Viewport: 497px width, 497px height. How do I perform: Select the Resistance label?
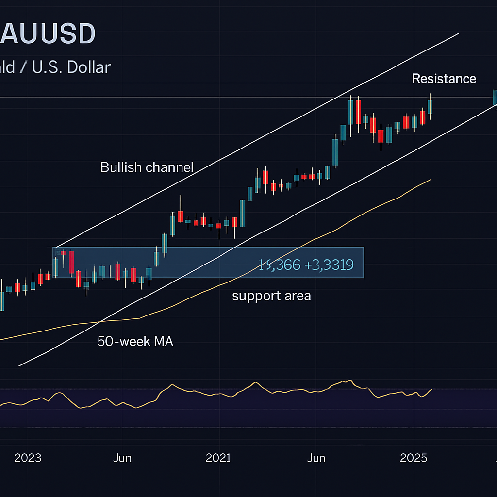[x=444, y=79]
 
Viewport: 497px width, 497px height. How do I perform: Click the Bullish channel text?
[x=147, y=167]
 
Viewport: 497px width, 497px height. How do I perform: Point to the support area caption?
[x=271, y=296]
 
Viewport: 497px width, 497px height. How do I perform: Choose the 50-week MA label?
[x=135, y=341]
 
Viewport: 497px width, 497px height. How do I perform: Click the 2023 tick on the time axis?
[x=28, y=458]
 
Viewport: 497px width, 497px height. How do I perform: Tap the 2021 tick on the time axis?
[x=218, y=458]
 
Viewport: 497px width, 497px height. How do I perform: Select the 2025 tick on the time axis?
[x=414, y=458]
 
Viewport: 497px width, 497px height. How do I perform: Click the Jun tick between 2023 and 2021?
[x=122, y=458]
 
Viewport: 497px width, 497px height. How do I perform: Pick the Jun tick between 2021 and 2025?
[x=316, y=458]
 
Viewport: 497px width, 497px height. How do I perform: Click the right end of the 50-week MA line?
[x=431, y=180]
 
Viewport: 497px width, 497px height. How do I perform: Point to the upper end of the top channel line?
[x=458, y=34]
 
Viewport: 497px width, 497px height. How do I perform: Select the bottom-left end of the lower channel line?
[x=19, y=366]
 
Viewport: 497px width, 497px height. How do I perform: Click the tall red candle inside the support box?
[x=71, y=262]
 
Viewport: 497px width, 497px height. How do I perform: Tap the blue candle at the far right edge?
[x=495, y=98]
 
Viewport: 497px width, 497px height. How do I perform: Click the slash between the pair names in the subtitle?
[x=23, y=67]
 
